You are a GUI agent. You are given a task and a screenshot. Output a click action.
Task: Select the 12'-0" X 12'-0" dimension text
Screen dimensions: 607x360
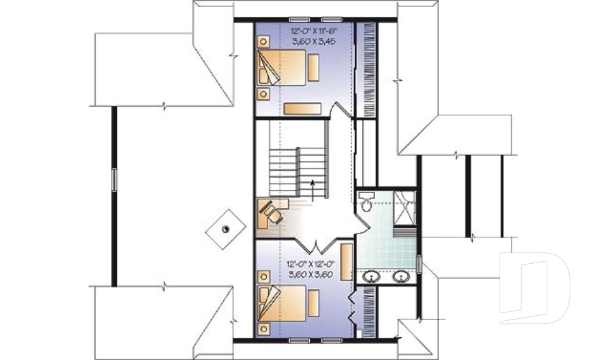tap(310, 264)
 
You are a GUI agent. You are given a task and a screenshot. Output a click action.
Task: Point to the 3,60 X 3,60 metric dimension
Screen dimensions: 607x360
tap(310, 275)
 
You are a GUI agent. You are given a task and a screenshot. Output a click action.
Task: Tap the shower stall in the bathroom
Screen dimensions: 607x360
tap(405, 208)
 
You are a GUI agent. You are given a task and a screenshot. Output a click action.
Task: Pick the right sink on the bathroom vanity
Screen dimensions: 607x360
tap(402, 276)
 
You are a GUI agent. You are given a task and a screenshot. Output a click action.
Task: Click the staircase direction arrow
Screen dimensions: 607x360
tap(312, 190)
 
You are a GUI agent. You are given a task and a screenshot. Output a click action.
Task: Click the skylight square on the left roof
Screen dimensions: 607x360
tap(226, 230)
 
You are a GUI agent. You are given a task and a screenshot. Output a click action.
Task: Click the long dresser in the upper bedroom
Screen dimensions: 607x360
tap(302, 108)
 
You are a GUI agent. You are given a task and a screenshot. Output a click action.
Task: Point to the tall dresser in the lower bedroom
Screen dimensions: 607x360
tap(346, 261)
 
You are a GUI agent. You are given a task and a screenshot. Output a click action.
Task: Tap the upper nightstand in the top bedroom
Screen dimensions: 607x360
tap(264, 42)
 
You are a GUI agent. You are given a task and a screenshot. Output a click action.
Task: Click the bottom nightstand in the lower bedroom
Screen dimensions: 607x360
tap(264, 328)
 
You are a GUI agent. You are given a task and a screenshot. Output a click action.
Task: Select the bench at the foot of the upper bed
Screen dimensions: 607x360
tap(314, 68)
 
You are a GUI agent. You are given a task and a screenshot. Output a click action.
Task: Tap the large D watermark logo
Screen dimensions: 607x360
tap(535, 288)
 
